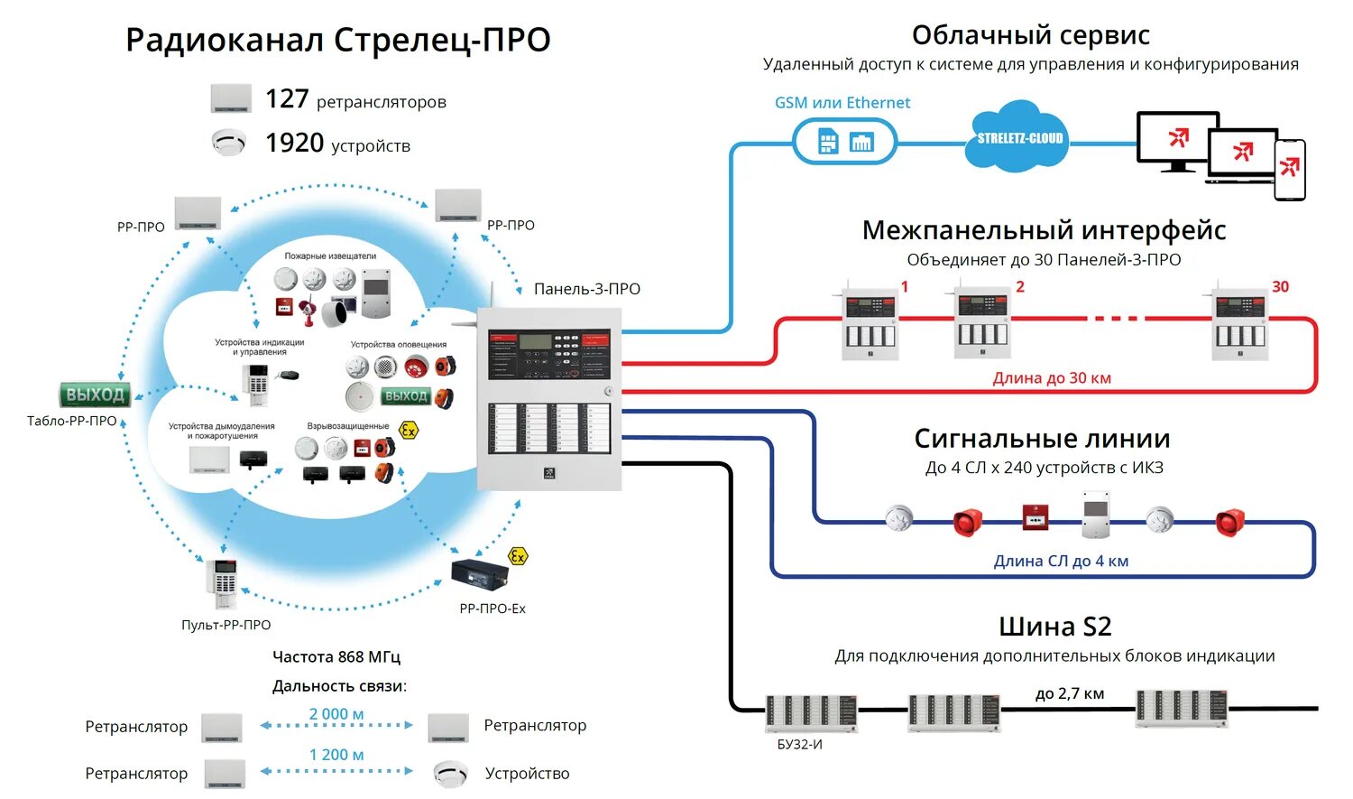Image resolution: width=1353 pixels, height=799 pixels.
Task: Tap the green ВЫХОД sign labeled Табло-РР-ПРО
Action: click(x=95, y=395)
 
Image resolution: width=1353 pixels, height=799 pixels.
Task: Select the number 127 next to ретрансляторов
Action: click(x=287, y=98)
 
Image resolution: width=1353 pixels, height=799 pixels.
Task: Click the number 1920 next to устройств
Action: click(x=294, y=143)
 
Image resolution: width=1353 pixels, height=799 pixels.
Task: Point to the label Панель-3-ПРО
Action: click(x=586, y=289)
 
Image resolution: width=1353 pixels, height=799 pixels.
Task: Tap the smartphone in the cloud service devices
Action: click(x=1289, y=169)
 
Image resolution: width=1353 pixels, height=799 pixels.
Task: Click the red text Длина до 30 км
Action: click(x=1052, y=378)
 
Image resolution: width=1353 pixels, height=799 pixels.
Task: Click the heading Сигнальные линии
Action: click(x=1042, y=439)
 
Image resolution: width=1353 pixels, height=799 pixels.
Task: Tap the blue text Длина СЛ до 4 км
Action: click(x=1061, y=561)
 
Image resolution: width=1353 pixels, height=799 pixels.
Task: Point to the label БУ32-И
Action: click(x=799, y=745)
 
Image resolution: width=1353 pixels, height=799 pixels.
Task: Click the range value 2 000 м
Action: click(x=336, y=714)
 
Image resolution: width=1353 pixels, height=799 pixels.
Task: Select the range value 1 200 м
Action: click(x=336, y=755)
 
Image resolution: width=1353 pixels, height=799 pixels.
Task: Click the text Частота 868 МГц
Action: click(x=336, y=656)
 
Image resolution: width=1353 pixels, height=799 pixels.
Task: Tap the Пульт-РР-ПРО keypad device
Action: click(x=223, y=585)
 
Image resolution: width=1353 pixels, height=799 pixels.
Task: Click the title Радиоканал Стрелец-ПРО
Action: click(x=337, y=41)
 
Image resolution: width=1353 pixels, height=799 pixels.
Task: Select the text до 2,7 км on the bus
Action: click(x=1069, y=693)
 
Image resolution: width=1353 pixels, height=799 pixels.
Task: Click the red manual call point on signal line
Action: click(x=1035, y=517)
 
